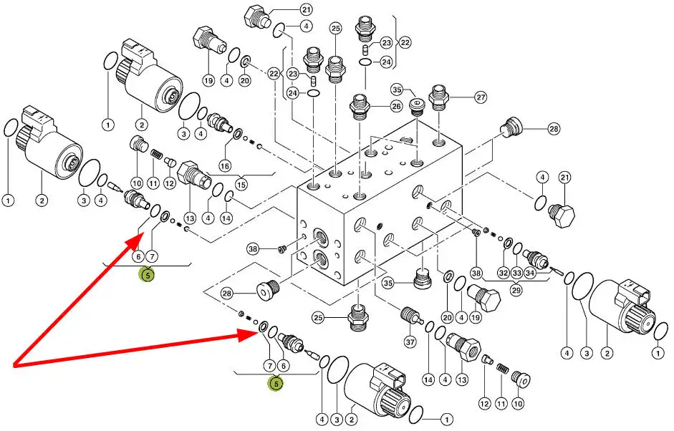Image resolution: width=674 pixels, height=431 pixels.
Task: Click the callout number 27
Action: coord(481,97)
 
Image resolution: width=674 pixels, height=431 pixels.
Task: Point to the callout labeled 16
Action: coord(225,166)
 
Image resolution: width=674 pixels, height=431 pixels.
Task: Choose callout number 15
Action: coord(241,185)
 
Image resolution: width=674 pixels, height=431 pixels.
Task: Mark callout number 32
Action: coord(503,272)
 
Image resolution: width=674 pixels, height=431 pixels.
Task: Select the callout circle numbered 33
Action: coord(516,272)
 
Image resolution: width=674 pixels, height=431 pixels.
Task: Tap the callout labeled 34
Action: coord(530,272)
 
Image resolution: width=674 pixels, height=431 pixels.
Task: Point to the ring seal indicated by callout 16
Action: coord(237,135)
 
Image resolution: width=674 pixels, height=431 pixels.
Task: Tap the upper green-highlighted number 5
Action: coord(147,274)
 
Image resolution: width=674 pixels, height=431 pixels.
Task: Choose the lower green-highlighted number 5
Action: coord(276,384)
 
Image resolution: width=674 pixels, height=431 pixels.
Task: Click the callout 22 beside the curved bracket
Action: coord(405,43)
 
